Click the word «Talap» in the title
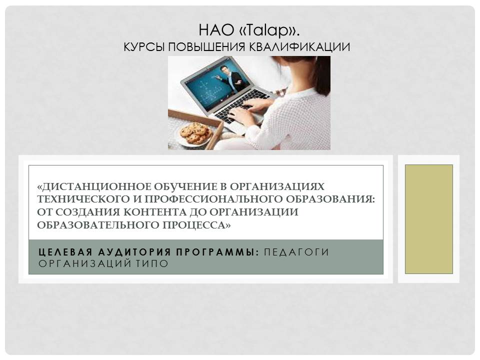coord(269,30)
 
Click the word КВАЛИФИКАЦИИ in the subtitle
coord(299,47)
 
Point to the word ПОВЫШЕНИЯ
coord(206,47)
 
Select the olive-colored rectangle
coord(429,219)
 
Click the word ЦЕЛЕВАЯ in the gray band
coord(65,252)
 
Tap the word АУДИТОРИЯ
coord(134,252)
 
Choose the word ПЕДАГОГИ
coord(296,252)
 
